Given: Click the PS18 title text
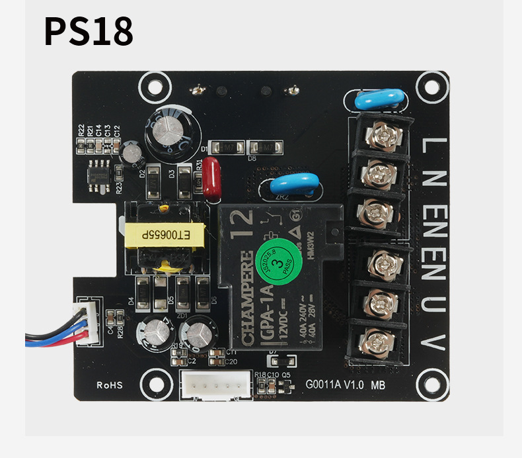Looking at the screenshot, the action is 89,32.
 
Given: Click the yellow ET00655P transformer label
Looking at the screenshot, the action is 165,235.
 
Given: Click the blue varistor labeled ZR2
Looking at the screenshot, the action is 288,183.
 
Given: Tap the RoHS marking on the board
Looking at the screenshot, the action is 110,385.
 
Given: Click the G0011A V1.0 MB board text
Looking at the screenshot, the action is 346,384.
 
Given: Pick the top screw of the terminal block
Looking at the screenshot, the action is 379,134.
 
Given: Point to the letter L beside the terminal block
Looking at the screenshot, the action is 431,144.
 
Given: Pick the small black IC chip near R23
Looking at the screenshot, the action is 99,175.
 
